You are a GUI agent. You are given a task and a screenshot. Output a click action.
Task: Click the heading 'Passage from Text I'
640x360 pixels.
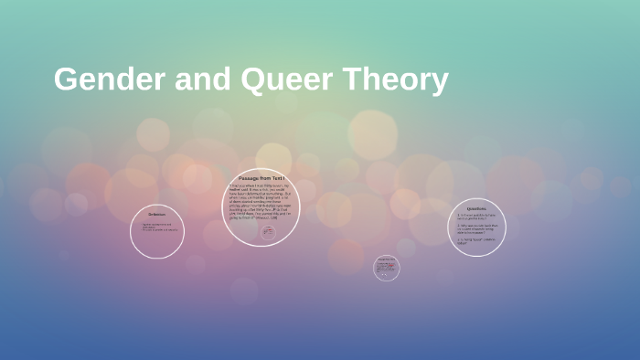pyautogui.click(x=261, y=177)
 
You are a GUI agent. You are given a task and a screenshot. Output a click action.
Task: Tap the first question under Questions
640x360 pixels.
pyautogui.click(x=475, y=217)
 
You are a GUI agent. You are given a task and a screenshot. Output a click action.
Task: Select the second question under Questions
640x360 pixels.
pyautogui.click(x=476, y=228)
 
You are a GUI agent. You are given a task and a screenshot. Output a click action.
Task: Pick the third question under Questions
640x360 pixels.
pyautogui.click(x=475, y=240)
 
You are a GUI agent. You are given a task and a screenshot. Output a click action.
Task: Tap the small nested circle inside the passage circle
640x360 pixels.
pyautogui.click(x=268, y=232)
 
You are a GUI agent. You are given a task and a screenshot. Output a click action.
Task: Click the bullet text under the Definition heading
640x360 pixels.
pyautogui.click(x=157, y=227)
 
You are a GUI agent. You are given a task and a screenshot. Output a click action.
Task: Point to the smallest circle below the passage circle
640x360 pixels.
pyautogui.click(x=387, y=268)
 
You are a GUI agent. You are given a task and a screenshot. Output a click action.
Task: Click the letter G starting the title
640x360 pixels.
pyautogui.click(x=65, y=79)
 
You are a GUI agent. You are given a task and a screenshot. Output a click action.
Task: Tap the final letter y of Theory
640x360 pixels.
pyautogui.click(x=439, y=82)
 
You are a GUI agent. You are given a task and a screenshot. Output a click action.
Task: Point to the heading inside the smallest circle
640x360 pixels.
pyautogui.click(x=387, y=259)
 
